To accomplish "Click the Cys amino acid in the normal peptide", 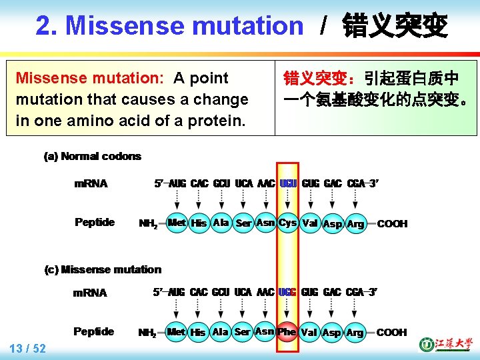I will (287, 223).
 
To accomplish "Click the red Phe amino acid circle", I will (287, 332).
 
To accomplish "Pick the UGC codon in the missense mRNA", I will (287, 293).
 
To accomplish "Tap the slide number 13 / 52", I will (28, 348).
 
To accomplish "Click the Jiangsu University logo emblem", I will (425, 345).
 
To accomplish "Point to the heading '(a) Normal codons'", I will (92, 157).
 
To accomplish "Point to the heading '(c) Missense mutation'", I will (103, 270).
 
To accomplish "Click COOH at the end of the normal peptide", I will (392, 224).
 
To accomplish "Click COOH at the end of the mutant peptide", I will (391, 333).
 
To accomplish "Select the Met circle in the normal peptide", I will (177, 223).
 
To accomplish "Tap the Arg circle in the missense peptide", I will (355, 333).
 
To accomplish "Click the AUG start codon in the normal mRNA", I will (177, 183).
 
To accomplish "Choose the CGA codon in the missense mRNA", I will (355, 293).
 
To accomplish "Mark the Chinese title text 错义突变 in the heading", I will (394, 26).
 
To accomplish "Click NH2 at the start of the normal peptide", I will (148, 224).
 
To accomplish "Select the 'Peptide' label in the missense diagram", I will (94, 331).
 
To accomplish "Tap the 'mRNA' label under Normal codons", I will (91, 183).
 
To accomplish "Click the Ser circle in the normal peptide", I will (243, 223).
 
